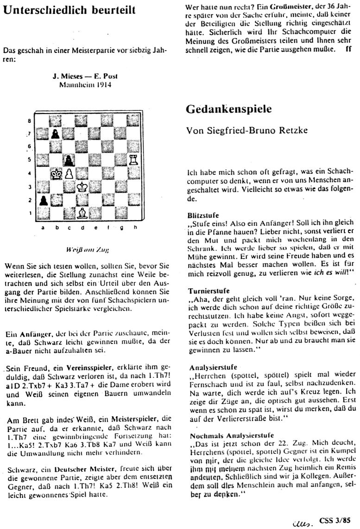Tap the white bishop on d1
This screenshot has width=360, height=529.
point(82,214)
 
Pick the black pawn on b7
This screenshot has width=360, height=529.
point(55,133)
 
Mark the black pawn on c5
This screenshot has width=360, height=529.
point(69,160)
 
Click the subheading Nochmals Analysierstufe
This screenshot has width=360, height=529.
point(224,436)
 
